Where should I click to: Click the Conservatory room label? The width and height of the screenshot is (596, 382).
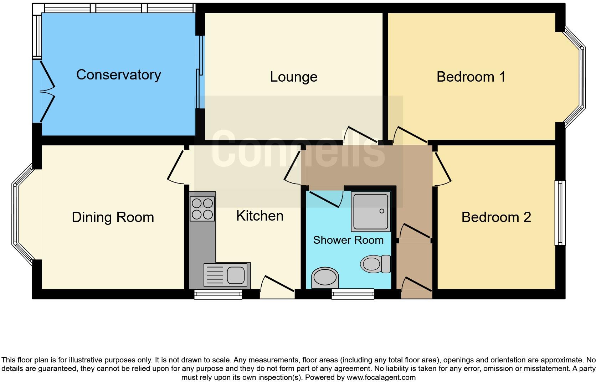point(118,75)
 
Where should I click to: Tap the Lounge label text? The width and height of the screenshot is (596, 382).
point(293,77)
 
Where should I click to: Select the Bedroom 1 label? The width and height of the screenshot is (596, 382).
point(471,77)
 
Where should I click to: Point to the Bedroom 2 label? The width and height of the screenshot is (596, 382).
point(496,217)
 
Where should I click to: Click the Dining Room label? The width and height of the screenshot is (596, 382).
point(113,217)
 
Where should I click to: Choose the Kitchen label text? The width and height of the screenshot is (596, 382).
point(260,216)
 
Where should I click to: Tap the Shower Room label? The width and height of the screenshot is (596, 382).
point(348,240)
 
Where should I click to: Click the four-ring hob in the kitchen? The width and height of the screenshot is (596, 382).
point(202,209)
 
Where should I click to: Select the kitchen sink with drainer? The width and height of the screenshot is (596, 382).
point(227,275)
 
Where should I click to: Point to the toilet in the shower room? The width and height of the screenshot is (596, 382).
point(375,264)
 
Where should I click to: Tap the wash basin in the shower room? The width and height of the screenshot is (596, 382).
point(324,278)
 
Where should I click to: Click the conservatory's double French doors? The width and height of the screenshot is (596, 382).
point(47,92)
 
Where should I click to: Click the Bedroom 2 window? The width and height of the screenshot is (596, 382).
point(560,213)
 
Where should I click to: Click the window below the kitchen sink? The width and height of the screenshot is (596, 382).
point(218,294)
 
